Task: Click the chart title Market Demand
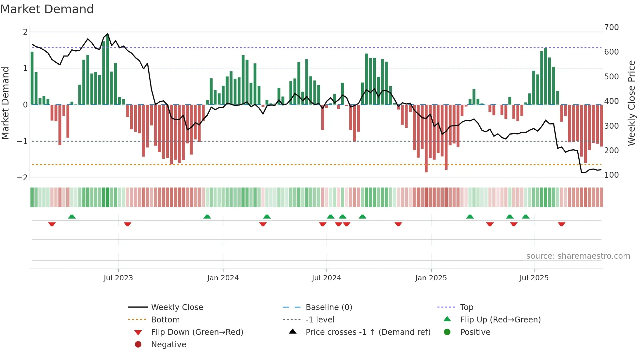coord(47,9)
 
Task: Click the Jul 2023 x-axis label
coord(118,278)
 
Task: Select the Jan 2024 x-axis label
coord(223,278)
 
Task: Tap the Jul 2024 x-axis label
coord(327,278)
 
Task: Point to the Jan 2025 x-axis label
coord(431,278)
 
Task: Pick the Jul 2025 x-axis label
coord(534,278)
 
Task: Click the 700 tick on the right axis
coord(611,27)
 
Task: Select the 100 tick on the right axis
coord(611,175)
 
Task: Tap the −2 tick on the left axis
coord(22,178)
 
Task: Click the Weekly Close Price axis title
coord(632,103)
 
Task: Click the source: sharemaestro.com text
coord(578,256)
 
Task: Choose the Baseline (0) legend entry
coord(329,307)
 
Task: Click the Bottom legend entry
coord(165,320)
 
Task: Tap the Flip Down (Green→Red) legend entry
coord(197,332)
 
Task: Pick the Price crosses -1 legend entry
coord(368,332)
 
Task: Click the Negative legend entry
coord(168,345)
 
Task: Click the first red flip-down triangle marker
coord(52,224)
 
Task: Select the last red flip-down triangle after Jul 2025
coord(562,224)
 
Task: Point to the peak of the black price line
coord(108,34)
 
